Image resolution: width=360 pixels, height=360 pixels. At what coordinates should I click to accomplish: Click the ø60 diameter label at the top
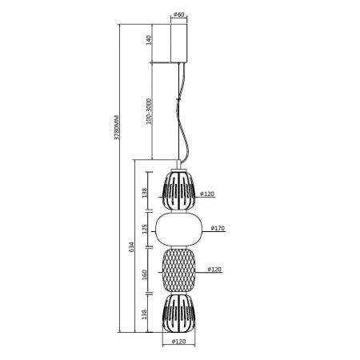178,14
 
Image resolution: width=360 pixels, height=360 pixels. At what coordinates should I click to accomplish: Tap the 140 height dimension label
149,40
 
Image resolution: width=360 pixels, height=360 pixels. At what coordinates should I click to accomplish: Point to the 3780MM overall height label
117,128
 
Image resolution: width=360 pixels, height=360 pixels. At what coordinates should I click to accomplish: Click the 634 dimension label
132,247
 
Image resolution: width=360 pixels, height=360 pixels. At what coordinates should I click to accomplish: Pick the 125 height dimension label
145,229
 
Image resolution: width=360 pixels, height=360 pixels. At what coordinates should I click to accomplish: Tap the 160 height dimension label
145,274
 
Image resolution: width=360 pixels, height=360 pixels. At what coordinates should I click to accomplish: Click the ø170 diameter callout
218,228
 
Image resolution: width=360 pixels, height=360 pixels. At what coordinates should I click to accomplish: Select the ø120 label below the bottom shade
178,342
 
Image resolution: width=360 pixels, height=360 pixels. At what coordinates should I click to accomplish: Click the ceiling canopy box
179,43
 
